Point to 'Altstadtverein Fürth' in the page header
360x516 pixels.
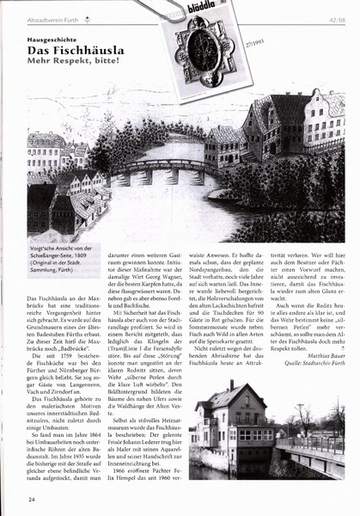(x=57, y=15)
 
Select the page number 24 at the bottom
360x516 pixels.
(x=32, y=499)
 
